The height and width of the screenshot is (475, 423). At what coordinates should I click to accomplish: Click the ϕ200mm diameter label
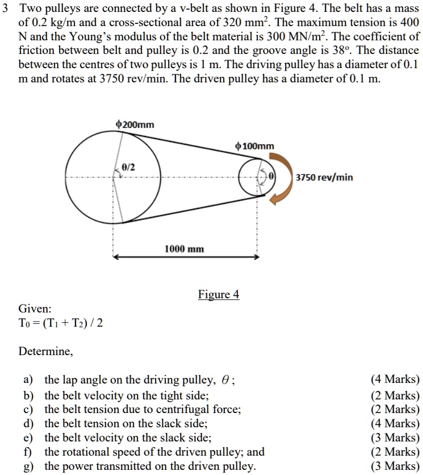(135, 124)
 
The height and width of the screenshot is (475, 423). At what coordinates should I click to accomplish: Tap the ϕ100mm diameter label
(254, 147)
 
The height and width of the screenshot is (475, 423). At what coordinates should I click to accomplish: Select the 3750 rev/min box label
(324, 177)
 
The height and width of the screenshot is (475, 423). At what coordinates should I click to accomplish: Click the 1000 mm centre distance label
(185, 249)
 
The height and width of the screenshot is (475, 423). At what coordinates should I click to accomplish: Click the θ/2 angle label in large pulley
(128, 166)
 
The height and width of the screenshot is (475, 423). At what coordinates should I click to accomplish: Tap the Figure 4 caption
(219, 294)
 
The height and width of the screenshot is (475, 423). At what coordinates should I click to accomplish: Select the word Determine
(45, 351)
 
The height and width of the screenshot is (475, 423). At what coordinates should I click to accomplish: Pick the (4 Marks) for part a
(395, 380)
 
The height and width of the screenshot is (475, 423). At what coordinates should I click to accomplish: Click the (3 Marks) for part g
(395, 466)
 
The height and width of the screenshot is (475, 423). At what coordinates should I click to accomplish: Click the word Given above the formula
(35, 309)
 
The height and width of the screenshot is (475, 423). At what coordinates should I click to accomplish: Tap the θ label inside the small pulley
(271, 177)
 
